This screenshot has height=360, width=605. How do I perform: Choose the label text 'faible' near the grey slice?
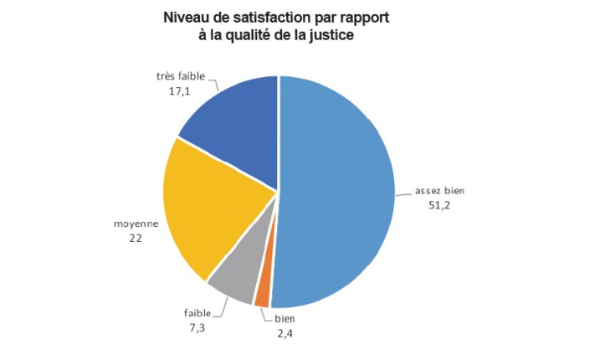(197, 313)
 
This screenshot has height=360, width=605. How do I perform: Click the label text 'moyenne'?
(134, 224)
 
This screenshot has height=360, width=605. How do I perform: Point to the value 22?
(134, 238)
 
